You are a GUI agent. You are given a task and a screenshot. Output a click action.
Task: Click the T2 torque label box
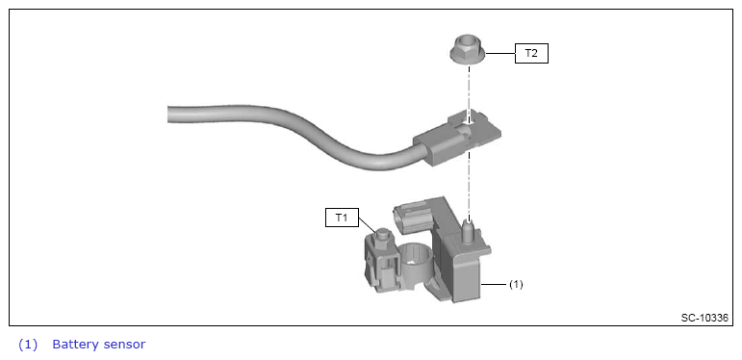pos(531,54)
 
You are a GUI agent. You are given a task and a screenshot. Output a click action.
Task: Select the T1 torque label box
pos(342,218)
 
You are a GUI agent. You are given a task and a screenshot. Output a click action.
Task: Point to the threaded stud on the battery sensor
pos(469,231)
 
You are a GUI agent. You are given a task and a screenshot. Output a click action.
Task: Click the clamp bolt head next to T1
pos(382,235)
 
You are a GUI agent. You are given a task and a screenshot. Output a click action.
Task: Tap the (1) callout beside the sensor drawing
pos(516,284)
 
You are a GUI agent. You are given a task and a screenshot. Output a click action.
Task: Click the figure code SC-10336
pos(704,318)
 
